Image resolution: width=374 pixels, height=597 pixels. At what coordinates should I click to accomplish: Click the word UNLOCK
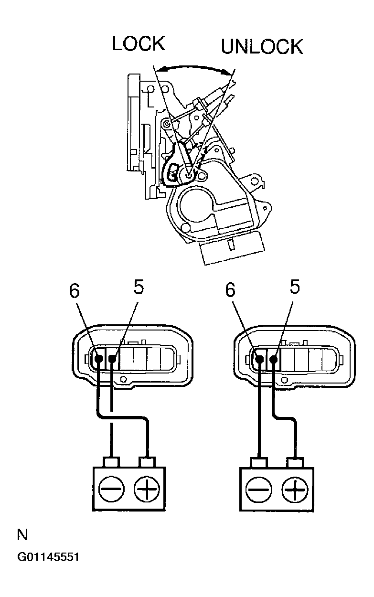pos(262,47)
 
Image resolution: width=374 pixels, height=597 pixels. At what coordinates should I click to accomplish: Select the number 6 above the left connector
pos(75,291)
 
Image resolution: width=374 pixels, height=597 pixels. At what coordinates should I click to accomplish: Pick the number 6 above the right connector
pos(231,291)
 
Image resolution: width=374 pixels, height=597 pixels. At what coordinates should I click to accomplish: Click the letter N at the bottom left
pos(22,534)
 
